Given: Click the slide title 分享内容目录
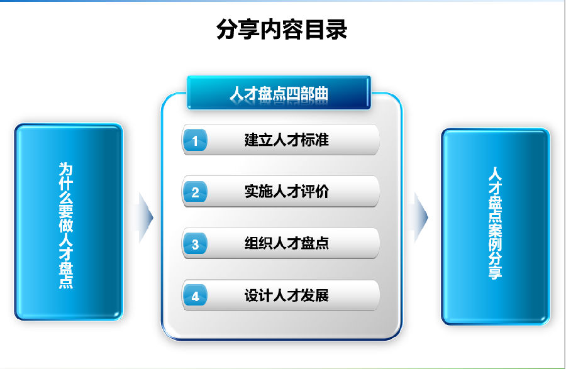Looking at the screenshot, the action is pyautogui.click(x=282, y=29).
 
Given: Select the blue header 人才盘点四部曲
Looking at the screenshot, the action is pyautogui.click(x=279, y=92).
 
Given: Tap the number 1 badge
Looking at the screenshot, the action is pyautogui.click(x=195, y=140).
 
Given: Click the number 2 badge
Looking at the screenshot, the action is pyautogui.click(x=195, y=192).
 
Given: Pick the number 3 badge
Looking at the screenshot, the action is pyautogui.click(x=195, y=244).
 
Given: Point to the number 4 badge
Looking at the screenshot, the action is pyautogui.click(x=195, y=295).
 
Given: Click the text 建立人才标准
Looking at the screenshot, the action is pyautogui.click(x=287, y=140).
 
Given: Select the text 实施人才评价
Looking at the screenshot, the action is pyautogui.click(x=287, y=192).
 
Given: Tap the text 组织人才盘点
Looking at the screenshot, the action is pyautogui.click(x=287, y=243).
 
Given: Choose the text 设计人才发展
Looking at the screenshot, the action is pyautogui.click(x=287, y=295).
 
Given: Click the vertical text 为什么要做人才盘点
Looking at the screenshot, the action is pyautogui.click(x=65, y=226).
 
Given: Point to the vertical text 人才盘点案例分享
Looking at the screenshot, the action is pyautogui.click(x=495, y=223).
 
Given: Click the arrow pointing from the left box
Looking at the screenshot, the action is pyautogui.click(x=145, y=218).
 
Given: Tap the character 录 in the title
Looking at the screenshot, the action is pyautogui.click(x=336, y=29).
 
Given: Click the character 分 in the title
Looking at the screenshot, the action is pyautogui.click(x=227, y=29).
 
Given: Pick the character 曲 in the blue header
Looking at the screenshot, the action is pyautogui.click(x=321, y=94).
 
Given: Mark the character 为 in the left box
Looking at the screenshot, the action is pyautogui.click(x=65, y=169).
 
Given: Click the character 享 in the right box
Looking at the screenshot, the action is pyautogui.click(x=495, y=273).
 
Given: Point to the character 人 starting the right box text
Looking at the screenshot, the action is pyautogui.click(x=495, y=173).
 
